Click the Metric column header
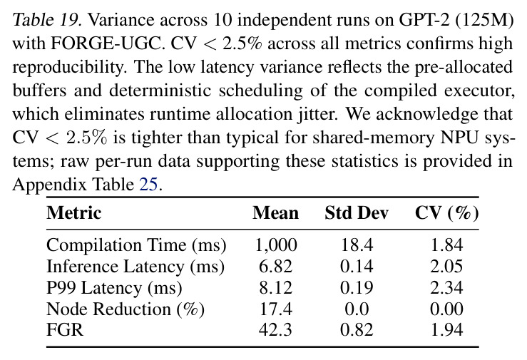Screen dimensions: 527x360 (74, 213)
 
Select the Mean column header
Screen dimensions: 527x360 (275, 213)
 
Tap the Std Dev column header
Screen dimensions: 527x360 (357, 213)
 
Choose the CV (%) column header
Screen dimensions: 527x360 (446, 213)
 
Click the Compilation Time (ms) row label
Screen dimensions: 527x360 (136, 245)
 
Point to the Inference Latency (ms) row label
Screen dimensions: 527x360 (135, 267)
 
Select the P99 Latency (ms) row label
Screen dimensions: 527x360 (114, 288)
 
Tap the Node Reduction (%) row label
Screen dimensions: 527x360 (126, 309)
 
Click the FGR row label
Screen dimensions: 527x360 (64, 329)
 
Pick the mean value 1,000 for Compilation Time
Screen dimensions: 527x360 (276, 245)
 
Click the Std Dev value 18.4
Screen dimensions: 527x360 (357, 245)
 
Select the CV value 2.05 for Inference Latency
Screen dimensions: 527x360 (446, 267)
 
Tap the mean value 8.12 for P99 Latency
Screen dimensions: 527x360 (275, 288)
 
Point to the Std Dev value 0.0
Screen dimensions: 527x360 (357, 309)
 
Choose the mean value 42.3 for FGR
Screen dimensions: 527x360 (275, 330)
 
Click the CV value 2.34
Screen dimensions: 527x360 (446, 288)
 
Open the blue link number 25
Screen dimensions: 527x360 (148, 185)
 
